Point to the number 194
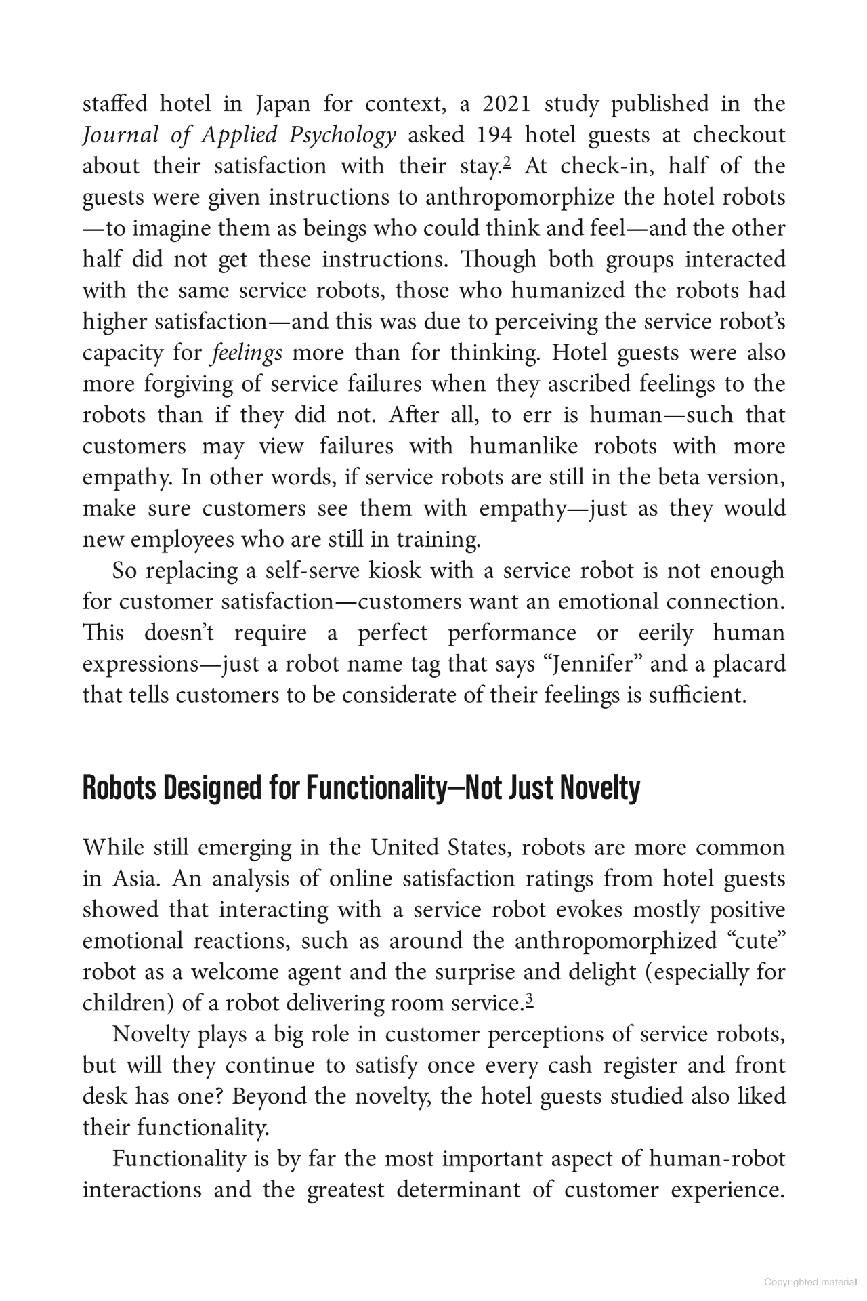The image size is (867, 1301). click(x=491, y=135)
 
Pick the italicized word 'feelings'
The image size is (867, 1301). click(x=247, y=353)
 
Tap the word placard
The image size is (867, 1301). click(x=749, y=663)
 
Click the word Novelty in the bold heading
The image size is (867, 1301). click(x=601, y=788)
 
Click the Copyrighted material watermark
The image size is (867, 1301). click(x=810, y=1282)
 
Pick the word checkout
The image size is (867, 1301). click(x=739, y=135)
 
